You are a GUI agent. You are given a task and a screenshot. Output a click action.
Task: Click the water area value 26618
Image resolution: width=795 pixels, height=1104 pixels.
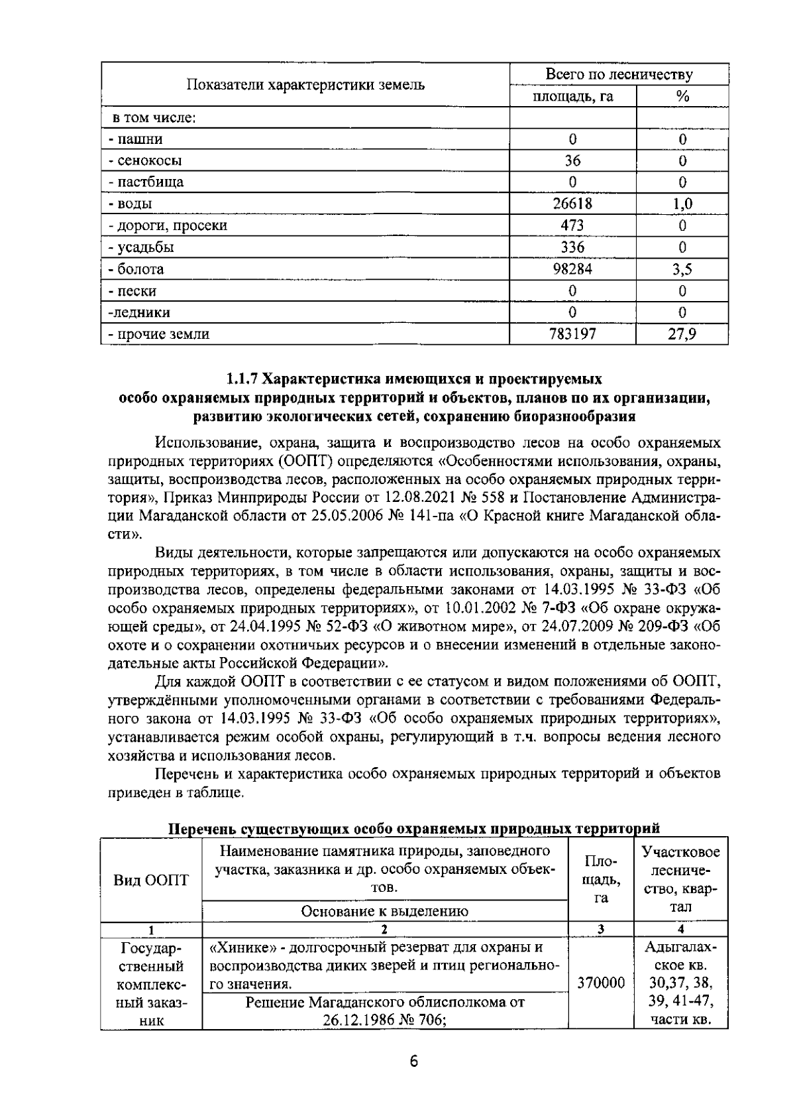572,204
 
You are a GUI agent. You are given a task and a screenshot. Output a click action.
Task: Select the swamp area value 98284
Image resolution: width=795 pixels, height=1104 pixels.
572,269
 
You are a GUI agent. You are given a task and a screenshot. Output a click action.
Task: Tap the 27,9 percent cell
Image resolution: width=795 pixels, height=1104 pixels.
682,334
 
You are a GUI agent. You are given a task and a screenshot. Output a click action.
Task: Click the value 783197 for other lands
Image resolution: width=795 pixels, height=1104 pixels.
572,334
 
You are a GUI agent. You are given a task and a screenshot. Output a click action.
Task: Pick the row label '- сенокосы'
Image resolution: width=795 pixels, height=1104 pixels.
145,160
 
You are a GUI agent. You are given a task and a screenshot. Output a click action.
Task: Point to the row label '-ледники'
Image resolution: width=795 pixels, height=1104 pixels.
139,312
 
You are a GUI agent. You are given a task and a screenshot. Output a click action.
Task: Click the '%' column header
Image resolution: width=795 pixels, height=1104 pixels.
682,97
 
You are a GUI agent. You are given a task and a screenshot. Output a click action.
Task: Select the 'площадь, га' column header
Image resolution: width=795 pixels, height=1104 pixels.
572,97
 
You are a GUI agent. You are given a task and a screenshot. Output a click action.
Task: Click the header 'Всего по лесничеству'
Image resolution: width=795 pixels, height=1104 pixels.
619,75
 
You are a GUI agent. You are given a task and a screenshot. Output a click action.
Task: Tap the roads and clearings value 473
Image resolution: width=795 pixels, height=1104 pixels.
572,225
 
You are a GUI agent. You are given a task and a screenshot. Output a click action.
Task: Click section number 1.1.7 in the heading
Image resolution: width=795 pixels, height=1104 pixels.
242,379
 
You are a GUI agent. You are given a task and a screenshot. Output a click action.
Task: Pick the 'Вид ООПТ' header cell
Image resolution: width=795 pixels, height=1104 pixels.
151,881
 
